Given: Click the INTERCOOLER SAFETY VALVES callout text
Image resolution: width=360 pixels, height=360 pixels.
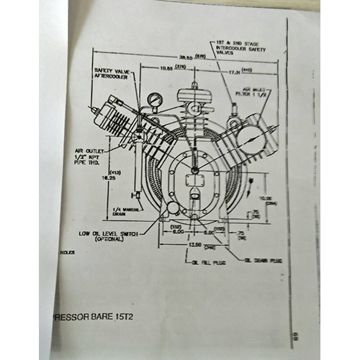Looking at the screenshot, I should click(237, 46).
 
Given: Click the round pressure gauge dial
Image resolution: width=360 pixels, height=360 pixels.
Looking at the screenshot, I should click(153, 98).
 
